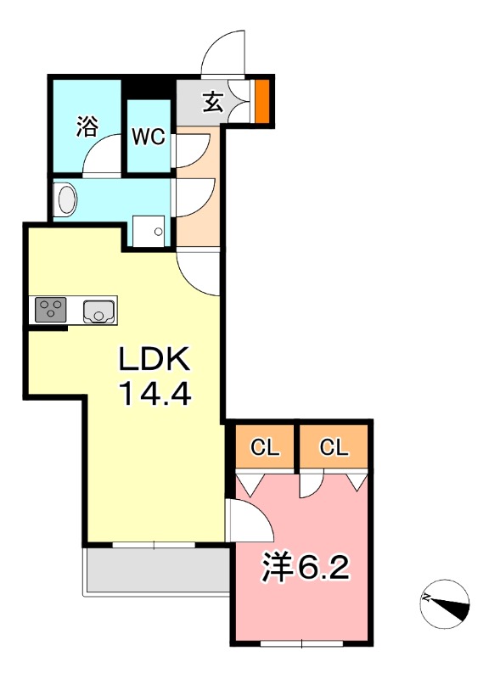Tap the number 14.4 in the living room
156,395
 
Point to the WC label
149,138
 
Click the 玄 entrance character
211,103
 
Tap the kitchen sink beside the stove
99,311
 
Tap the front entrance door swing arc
223,52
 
